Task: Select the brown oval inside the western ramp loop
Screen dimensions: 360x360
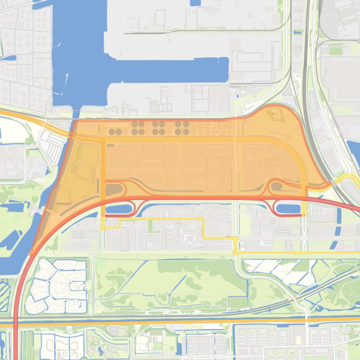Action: tap(114, 189)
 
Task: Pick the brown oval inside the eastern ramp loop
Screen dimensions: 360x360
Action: tap(277, 187)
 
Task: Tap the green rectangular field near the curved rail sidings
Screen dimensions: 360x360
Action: tap(335, 50)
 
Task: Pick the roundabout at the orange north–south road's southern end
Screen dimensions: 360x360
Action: tap(103, 227)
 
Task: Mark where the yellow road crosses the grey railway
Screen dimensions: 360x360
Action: tap(332, 182)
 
